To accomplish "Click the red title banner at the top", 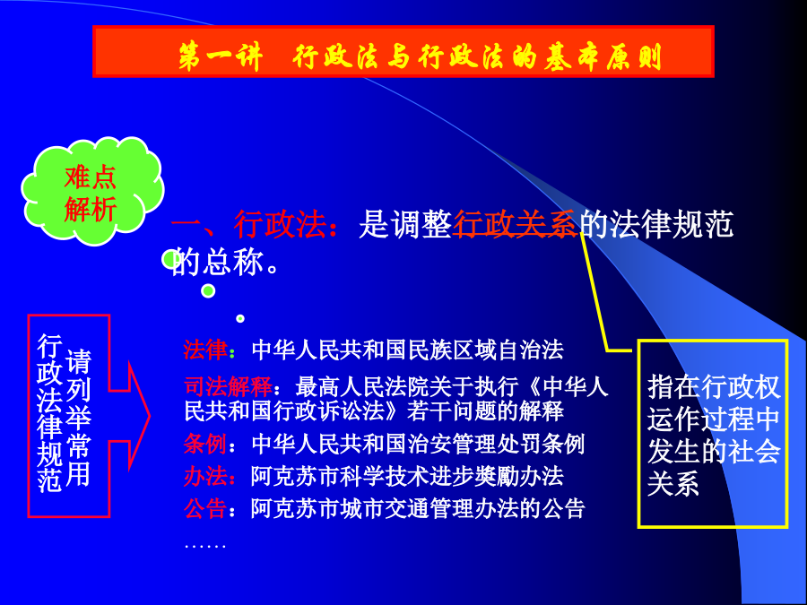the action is tap(403, 51).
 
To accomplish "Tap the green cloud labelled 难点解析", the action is tap(92, 191).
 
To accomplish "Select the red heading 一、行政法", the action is tap(249, 224).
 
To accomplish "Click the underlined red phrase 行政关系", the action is tap(516, 224).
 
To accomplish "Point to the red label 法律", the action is tap(205, 350).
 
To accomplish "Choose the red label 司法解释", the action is tap(228, 385).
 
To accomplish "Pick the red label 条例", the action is tap(205, 444).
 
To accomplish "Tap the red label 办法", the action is tap(205, 477).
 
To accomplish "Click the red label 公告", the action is tap(205, 509).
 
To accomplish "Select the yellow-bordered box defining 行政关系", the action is tap(713, 434).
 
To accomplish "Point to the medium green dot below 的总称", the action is tap(208, 290).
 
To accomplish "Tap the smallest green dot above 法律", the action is tap(240, 318).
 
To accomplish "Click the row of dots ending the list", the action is tap(204, 546).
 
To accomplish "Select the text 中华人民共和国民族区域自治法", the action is tap(408, 350).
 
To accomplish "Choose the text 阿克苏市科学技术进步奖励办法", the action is tap(407, 477).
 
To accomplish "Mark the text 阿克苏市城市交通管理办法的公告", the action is tap(418, 509).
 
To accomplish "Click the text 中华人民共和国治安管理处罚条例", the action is tap(418, 444).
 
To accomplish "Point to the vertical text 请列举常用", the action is tap(78, 418).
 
